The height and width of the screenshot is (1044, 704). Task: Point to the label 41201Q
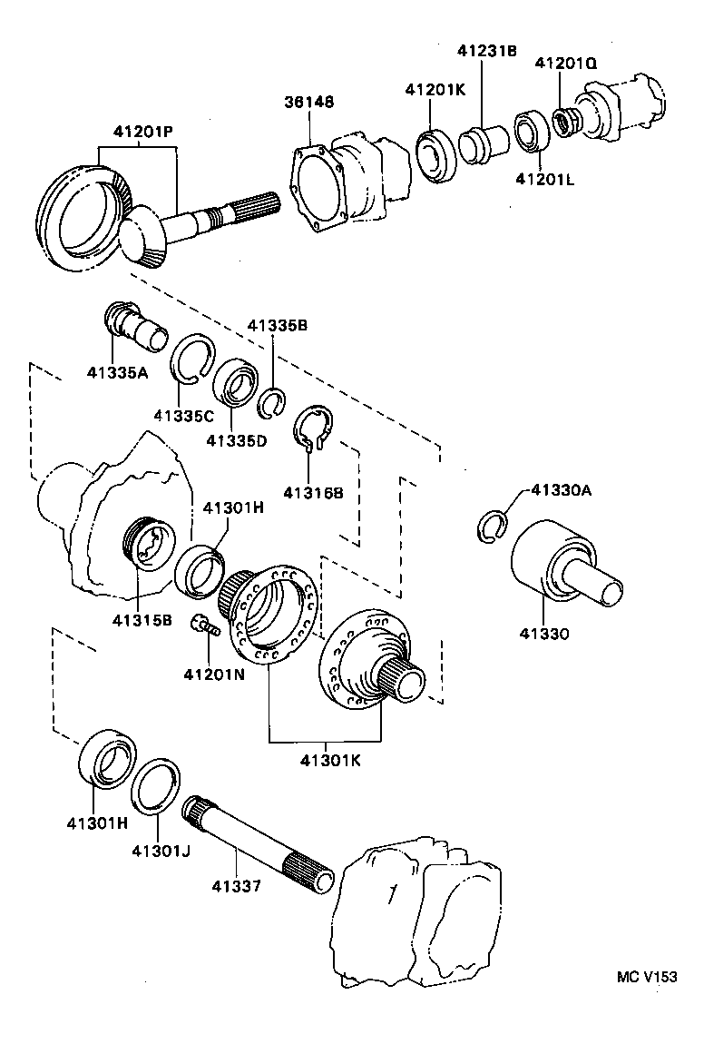click(565, 64)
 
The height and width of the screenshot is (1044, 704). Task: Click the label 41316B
click(313, 493)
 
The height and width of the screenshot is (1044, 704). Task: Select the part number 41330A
click(561, 491)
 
